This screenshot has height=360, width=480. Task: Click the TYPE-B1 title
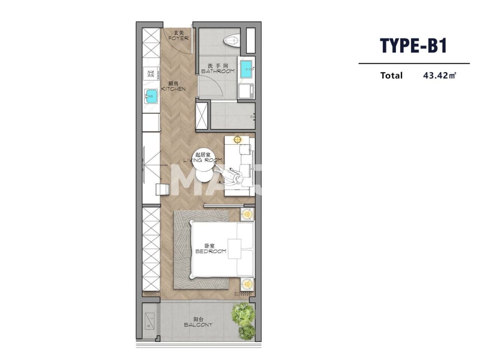click(x=414, y=46)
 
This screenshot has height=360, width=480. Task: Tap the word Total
click(x=391, y=75)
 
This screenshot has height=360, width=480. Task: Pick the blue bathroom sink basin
click(x=246, y=68)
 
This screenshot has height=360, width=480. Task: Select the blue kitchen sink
click(x=151, y=96)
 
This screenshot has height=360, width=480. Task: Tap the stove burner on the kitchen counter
click(x=151, y=73)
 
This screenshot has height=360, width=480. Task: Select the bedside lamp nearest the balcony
click(x=247, y=284)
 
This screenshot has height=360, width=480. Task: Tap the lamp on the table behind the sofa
click(x=237, y=140)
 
